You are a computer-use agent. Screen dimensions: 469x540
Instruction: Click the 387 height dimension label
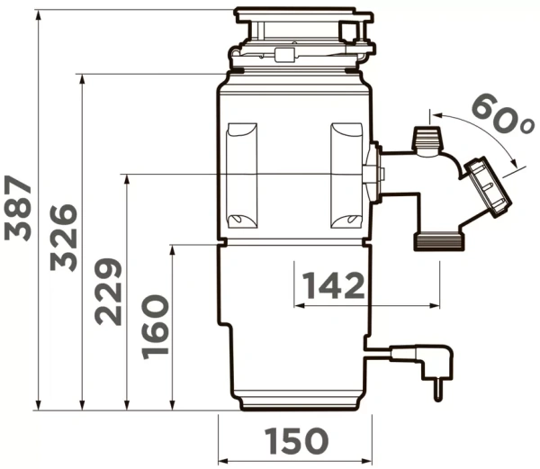point(19,209)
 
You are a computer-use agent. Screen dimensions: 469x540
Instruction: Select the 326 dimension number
point(63,237)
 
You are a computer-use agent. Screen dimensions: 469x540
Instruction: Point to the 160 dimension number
point(154,325)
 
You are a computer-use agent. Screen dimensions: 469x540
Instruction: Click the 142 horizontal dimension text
point(333,286)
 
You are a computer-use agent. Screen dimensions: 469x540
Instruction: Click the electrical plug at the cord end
point(437,370)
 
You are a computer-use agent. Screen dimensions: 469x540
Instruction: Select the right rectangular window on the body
point(346,175)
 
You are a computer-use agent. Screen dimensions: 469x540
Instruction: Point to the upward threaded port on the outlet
point(426,140)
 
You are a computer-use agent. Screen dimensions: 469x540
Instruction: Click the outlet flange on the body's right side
point(372,172)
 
